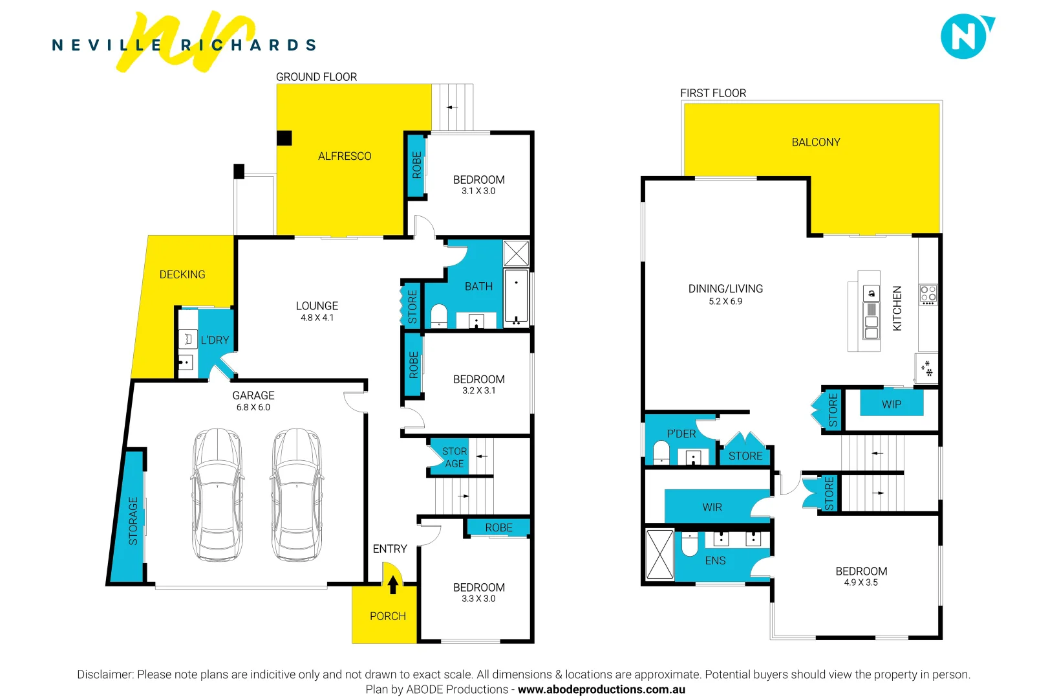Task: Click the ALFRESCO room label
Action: coord(345,156)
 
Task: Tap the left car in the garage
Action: coord(218,495)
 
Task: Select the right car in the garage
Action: coord(297,495)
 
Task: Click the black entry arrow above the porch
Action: coord(392,584)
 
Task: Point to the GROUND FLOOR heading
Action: coord(316,77)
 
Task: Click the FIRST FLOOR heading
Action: coord(713,93)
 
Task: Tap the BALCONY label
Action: coord(816,142)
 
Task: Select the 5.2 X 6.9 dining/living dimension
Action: coord(725,302)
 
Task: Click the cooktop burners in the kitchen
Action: coord(928,294)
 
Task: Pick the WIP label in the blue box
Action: coord(892,405)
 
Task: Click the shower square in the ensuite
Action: coord(660,554)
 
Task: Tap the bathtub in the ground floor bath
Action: coord(516,298)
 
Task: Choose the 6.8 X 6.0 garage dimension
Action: coord(253,407)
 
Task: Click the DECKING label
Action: coord(182,274)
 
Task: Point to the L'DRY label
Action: coord(215,340)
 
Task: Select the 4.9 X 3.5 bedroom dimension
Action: coord(861,582)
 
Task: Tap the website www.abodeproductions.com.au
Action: coord(601,689)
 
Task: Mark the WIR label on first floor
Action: coord(712,507)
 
